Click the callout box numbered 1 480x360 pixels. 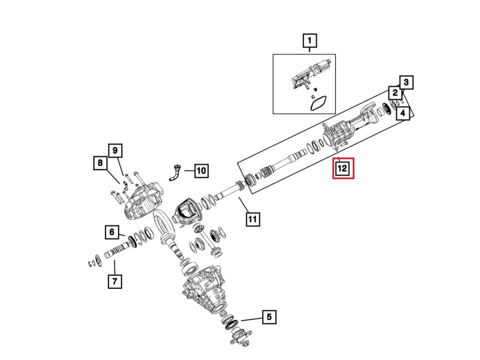click(x=309, y=41)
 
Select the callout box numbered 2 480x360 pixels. click(x=395, y=93)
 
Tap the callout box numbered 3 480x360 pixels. click(x=406, y=82)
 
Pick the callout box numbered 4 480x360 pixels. click(x=403, y=113)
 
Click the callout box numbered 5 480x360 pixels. click(x=269, y=317)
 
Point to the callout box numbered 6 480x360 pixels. click(x=112, y=232)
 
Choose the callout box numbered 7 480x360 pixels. click(x=115, y=281)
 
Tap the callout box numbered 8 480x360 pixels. click(x=100, y=163)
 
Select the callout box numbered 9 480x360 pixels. click(x=115, y=150)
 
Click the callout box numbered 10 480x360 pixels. click(x=201, y=171)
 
